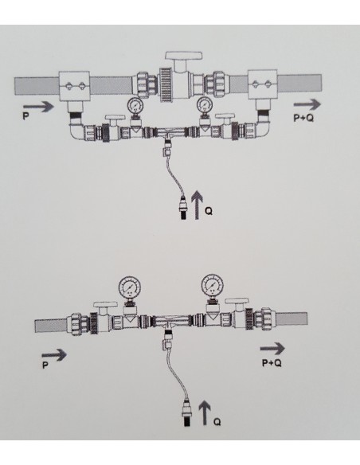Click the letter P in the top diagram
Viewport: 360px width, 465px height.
pyautogui.click(x=25, y=116)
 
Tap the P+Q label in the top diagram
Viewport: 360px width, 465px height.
pyautogui.click(x=303, y=118)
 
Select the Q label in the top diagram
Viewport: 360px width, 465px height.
pyautogui.click(x=209, y=211)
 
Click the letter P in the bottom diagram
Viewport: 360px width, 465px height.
pyautogui.click(x=45, y=365)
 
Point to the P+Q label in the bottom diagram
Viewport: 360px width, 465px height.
pyautogui.click(x=272, y=363)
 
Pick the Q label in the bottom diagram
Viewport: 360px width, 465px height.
pyautogui.click(x=217, y=422)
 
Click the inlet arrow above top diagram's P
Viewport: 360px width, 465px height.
pyautogui.click(x=38, y=107)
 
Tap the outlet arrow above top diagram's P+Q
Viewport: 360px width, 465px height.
pyautogui.click(x=307, y=104)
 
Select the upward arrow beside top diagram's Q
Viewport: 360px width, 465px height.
pyautogui.click(x=197, y=205)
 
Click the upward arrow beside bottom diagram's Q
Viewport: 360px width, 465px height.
pyautogui.click(x=205, y=412)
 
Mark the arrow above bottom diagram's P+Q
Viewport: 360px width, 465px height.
pyautogui.click(x=272, y=348)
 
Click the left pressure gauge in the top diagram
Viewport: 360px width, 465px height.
pyautogui.click(x=135, y=105)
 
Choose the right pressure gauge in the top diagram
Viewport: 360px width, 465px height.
pyautogui.click(x=205, y=104)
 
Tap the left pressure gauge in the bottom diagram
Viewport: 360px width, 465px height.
pyautogui.click(x=130, y=287)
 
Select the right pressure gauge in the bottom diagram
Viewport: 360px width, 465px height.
pyautogui.click(x=213, y=285)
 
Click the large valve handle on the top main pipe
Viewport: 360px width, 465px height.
pyautogui.click(x=184, y=56)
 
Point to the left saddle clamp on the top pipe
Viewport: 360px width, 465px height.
pyautogui.click(x=74, y=86)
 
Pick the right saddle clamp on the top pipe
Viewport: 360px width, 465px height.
pyautogui.click(x=263, y=84)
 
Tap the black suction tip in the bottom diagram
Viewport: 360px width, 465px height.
pyautogui.click(x=187, y=421)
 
